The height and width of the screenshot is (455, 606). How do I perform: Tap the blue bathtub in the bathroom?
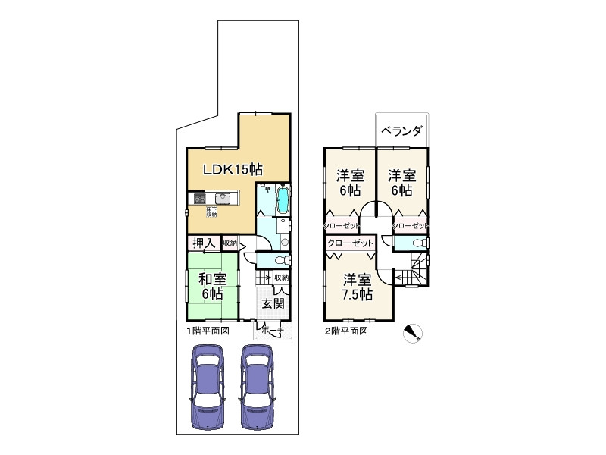click(x=283, y=201)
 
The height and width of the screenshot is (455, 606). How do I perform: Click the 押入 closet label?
click(x=202, y=243)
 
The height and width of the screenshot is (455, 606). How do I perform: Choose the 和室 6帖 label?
click(x=212, y=286)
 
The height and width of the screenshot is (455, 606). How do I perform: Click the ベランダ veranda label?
click(x=401, y=130)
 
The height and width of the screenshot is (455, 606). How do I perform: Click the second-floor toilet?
click(x=419, y=243)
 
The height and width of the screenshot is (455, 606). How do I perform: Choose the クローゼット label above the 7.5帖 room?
click(x=350, y=243)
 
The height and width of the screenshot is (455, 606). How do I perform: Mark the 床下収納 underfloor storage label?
click(x=211, y=212)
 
